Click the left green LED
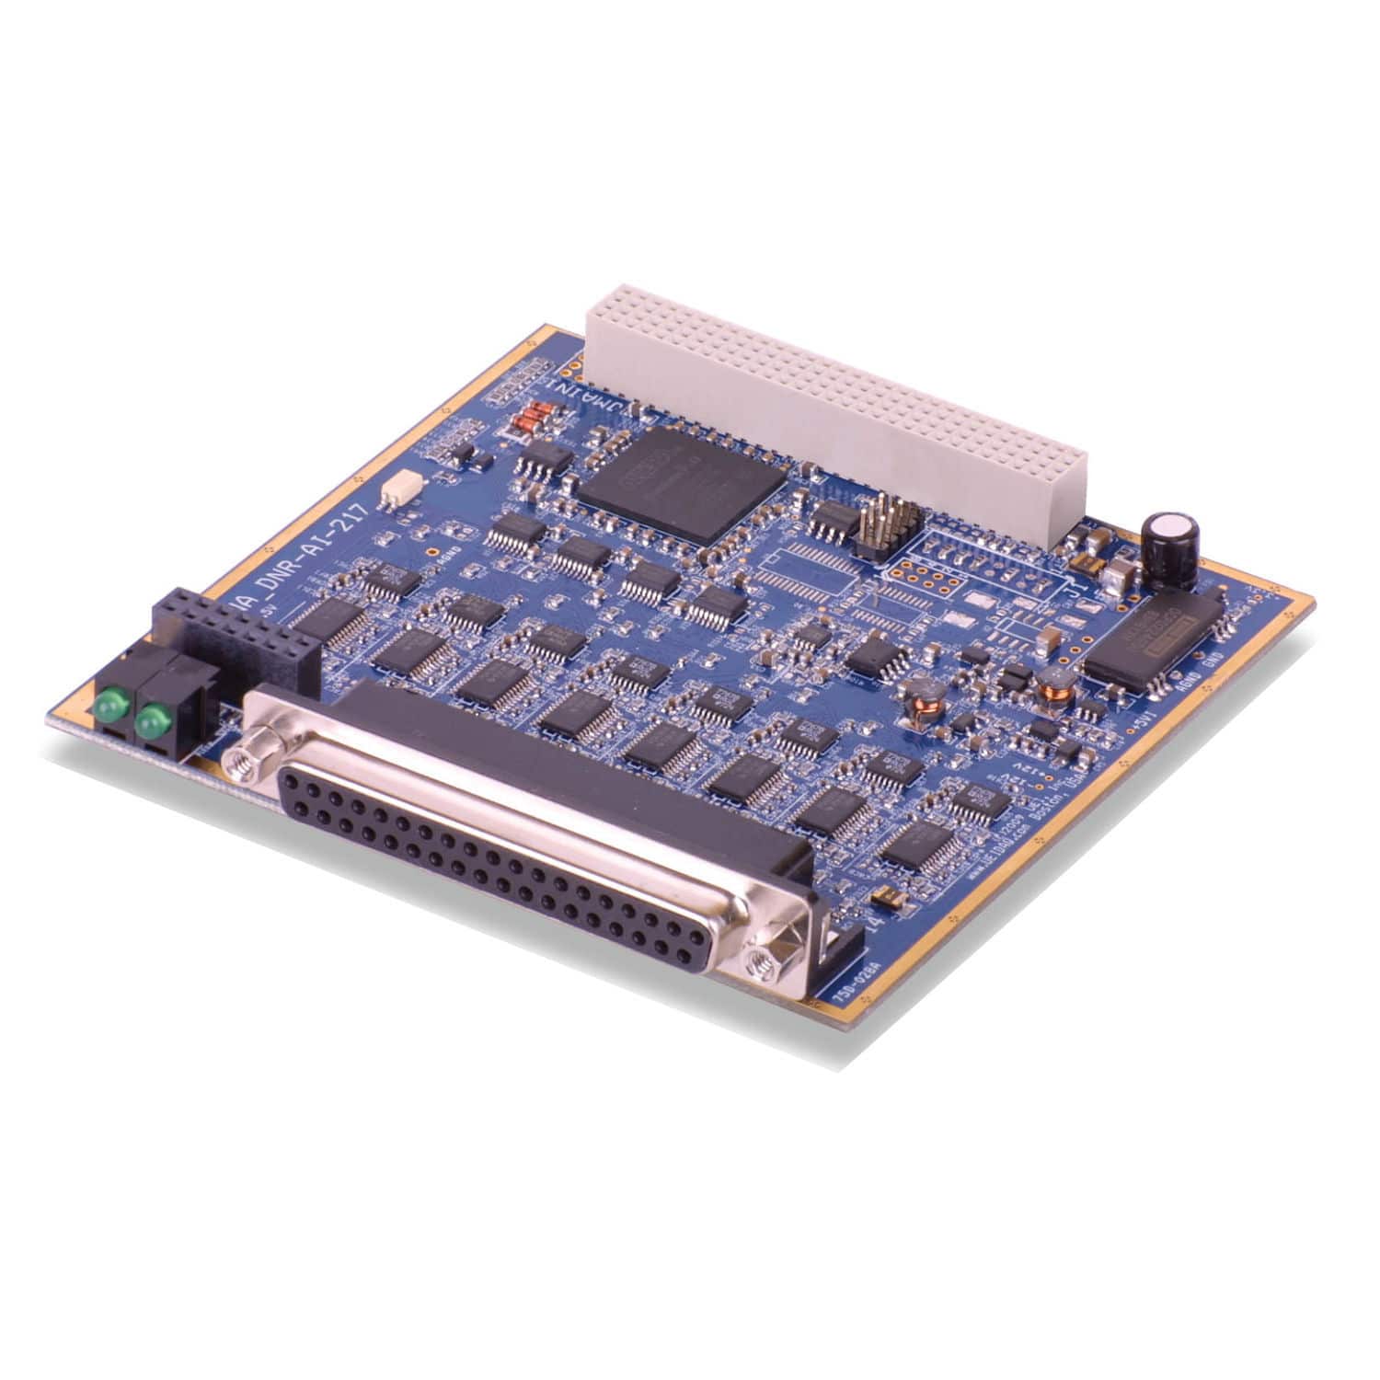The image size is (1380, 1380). tap(109, 706)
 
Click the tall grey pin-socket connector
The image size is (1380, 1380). tap(837, 405)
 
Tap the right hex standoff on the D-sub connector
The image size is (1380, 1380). tap(763, 961)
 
